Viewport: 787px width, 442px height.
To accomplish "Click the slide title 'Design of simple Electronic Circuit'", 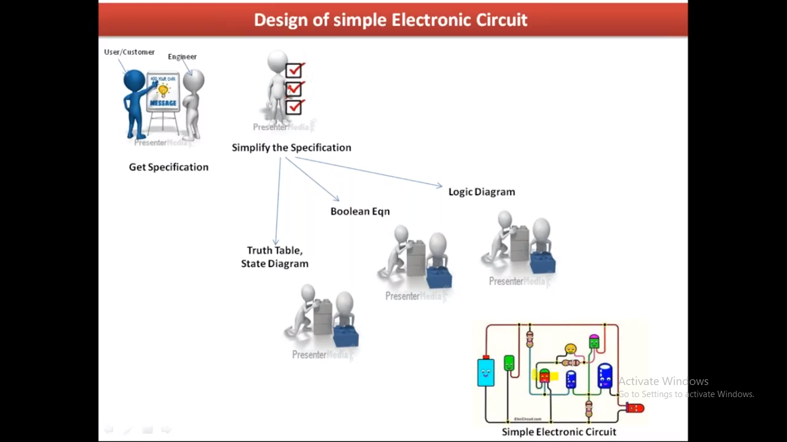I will pos(391,20).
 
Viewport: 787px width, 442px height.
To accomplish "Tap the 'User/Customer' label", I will pos(129,52).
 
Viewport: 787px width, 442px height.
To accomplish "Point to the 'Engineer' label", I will pos(182,56).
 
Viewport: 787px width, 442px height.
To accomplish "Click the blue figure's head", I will pos(134,81).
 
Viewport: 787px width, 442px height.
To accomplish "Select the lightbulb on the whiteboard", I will pos(163,90).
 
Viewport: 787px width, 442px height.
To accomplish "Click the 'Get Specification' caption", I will pos(169,167).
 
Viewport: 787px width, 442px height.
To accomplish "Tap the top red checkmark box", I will pos(294,70).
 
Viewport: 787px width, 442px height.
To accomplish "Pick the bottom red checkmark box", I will pos(294,107).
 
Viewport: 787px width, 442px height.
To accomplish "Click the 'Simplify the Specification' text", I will pos(292,147).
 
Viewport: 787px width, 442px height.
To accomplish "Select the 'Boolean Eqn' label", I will pos(360,211).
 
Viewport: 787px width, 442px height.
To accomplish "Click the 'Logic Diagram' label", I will pos(482,192).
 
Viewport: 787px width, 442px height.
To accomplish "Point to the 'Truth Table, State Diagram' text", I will pos(275,257).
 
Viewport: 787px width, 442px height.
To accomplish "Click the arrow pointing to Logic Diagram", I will pos(369,172).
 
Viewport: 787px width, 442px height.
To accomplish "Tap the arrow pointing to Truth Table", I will pos(278,201).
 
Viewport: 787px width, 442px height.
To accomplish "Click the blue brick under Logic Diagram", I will pos(543,262).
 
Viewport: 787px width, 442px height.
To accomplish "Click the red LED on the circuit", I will pos(635,408).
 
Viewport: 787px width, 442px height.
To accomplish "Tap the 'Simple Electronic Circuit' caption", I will pos(559,432).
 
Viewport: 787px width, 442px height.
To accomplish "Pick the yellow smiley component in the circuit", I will pos(570,349).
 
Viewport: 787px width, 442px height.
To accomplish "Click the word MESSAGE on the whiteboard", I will pos(163,103).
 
